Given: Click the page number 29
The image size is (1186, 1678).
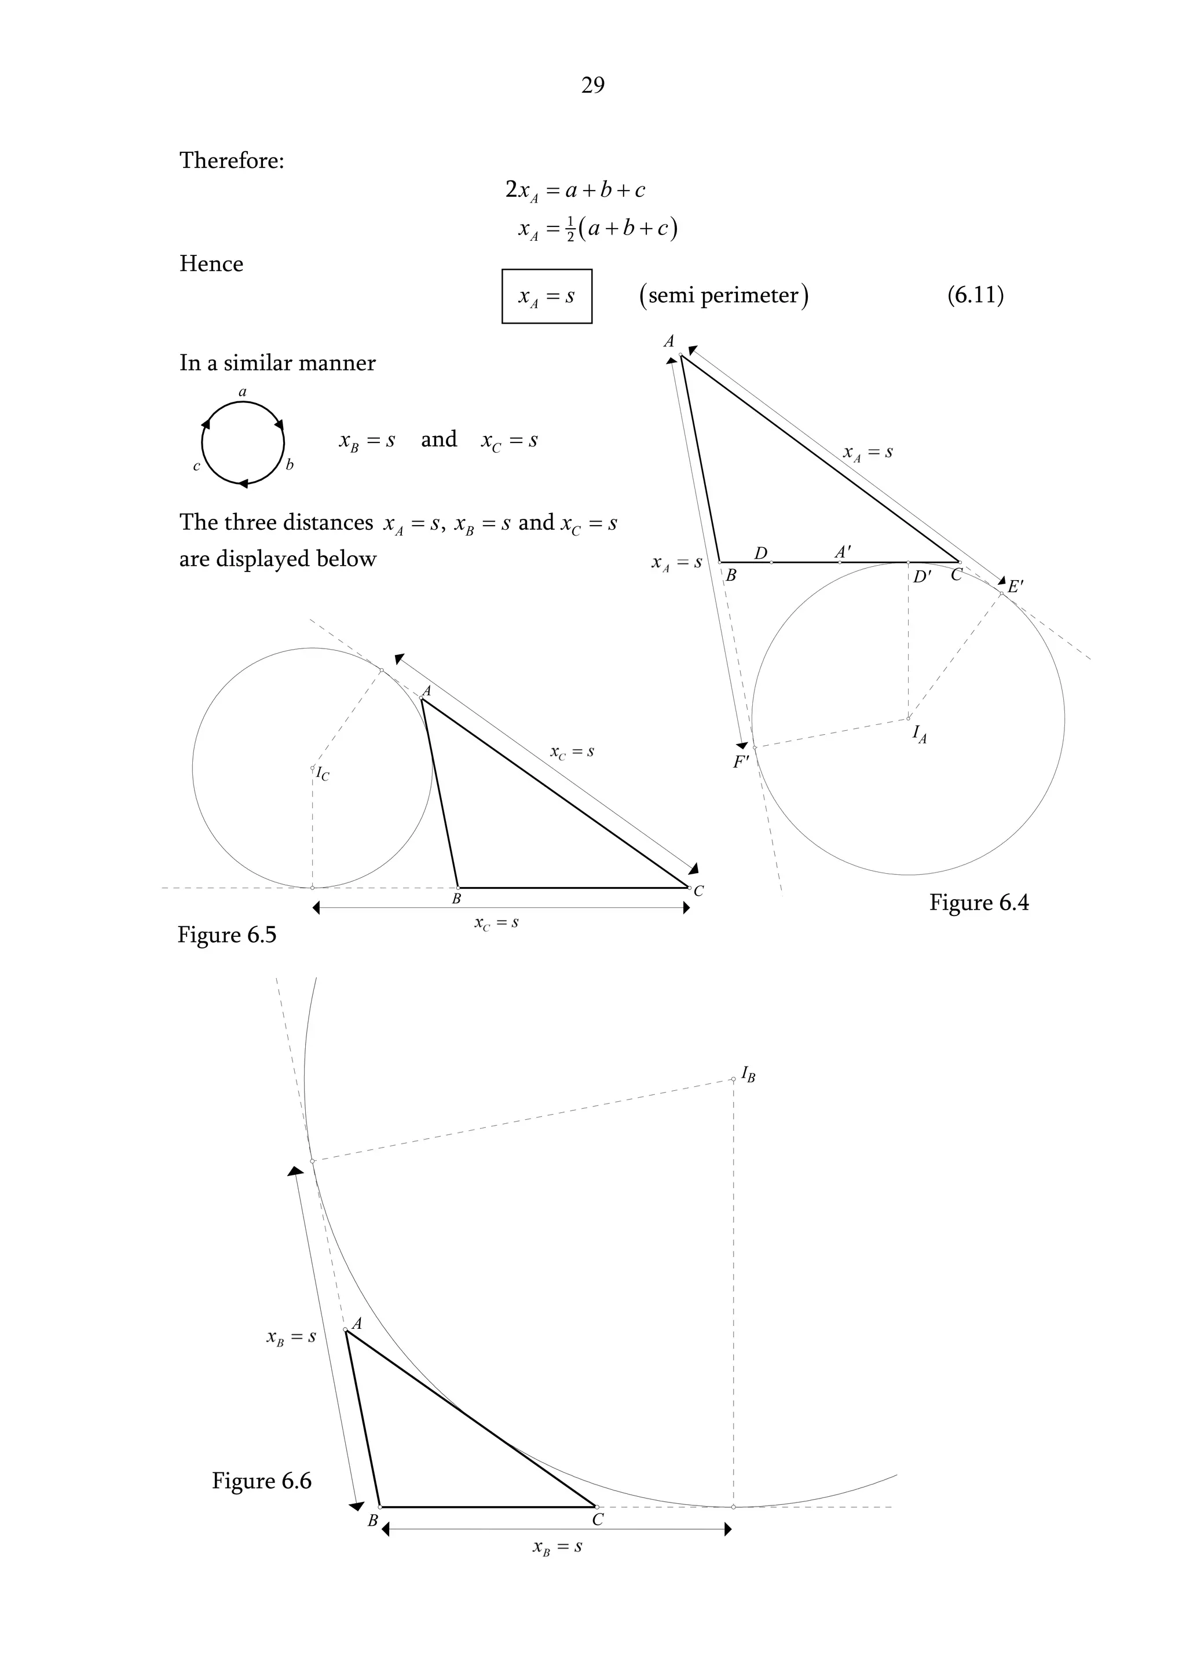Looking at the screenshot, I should [592, 86].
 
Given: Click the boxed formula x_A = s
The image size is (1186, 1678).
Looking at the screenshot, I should [547, 296].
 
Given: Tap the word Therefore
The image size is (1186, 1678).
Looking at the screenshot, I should [231, 160].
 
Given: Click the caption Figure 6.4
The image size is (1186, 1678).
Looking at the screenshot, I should [979, 903].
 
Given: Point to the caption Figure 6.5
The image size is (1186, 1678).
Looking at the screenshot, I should [226, 935].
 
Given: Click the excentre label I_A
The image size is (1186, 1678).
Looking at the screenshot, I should [919, 734].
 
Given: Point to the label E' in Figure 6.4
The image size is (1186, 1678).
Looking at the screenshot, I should [1016, 586].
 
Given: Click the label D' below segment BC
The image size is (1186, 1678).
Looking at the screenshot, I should [922, 577].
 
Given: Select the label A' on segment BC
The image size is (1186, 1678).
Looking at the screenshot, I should [843, 552].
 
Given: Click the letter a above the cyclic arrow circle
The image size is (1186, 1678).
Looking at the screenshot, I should [243, 393].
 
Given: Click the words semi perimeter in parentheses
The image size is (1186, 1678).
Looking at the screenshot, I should [723, 295].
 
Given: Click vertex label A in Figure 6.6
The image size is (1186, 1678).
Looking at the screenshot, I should [357, 1324].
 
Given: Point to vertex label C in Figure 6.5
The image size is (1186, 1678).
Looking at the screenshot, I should [698, 891].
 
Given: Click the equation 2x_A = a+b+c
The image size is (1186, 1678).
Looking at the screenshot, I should [575, 190].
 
